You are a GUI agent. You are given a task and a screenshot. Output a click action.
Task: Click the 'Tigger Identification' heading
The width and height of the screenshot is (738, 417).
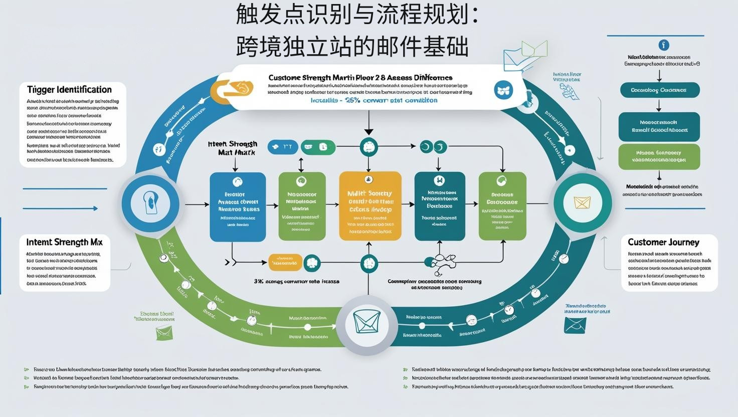click(69, 90)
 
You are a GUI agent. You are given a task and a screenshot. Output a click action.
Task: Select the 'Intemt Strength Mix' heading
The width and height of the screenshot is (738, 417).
click(64, 242)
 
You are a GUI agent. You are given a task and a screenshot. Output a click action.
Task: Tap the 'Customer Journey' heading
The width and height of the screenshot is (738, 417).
click(663, 242)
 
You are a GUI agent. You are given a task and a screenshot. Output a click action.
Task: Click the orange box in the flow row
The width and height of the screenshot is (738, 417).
click(371, 206)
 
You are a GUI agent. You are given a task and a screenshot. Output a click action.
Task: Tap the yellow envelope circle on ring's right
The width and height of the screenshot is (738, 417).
click(582, 202)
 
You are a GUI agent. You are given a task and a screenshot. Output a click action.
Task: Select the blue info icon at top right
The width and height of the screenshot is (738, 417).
click(663, 45)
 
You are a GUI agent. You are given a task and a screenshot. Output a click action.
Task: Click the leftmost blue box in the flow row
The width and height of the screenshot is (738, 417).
click(238, 206)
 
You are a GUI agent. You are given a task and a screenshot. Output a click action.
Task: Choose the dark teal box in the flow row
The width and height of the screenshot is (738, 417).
click(440, 206)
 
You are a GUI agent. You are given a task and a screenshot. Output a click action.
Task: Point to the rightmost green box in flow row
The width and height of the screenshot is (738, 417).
click(502, 206)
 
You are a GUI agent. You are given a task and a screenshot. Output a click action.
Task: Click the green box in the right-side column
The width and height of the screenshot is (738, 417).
click(659, 156)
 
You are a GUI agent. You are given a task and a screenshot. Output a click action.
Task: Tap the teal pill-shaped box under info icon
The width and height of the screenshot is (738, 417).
click(659, 90)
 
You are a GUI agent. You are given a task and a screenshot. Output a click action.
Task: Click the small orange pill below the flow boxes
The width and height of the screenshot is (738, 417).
click(285, 262)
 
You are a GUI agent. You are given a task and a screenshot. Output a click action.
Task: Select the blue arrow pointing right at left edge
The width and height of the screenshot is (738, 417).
click(60, 209)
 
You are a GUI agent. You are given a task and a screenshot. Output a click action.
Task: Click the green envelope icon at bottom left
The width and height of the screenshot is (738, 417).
click(163, 332)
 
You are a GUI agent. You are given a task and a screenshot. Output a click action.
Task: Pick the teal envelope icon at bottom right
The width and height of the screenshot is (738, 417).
click(575, 325)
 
